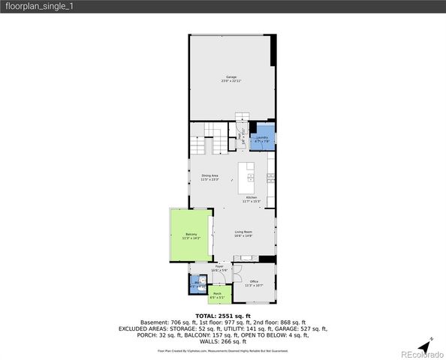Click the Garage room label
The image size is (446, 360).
[x=232, y=79]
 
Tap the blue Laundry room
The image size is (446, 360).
[x=263, y=139]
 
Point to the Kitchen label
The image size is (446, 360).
[x=252, y=199]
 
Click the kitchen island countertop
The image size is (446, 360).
[x=247, y=172]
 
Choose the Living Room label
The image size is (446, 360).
[x=243, y=234]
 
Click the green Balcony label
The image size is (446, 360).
[x=191, y=236]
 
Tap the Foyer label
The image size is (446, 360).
[x=220, y=268]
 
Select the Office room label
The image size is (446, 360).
[x=254, y=283]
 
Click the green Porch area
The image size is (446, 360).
[x=218, y=295]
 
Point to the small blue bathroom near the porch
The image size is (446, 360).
[x=197, y=285]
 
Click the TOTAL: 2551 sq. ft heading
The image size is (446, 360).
[x=222, y=316]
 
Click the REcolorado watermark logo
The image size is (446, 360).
[x=422, y=354]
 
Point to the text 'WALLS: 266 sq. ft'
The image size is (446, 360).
[x=222, y=341]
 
